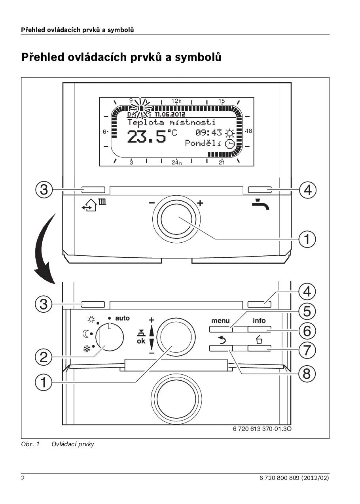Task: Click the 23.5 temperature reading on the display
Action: pos(147,136)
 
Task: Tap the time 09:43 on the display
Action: pos(209,133)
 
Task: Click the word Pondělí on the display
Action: pos(203,143)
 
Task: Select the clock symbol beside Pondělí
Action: pos(229,144)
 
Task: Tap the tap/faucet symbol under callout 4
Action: pos(260,205)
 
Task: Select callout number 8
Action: pos(307,374)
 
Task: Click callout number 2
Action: pos(44,357)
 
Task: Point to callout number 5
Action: pos(307,312)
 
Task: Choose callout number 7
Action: pos(307,350)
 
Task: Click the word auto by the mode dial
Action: pos(122,318)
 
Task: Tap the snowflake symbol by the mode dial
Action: pos(86,349)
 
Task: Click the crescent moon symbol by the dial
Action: pos(86,334)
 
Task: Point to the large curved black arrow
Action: pos(44,249)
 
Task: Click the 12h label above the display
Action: pos(176,101)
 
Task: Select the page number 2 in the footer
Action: pos(23,478)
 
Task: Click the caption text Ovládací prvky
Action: pos(73,444)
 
